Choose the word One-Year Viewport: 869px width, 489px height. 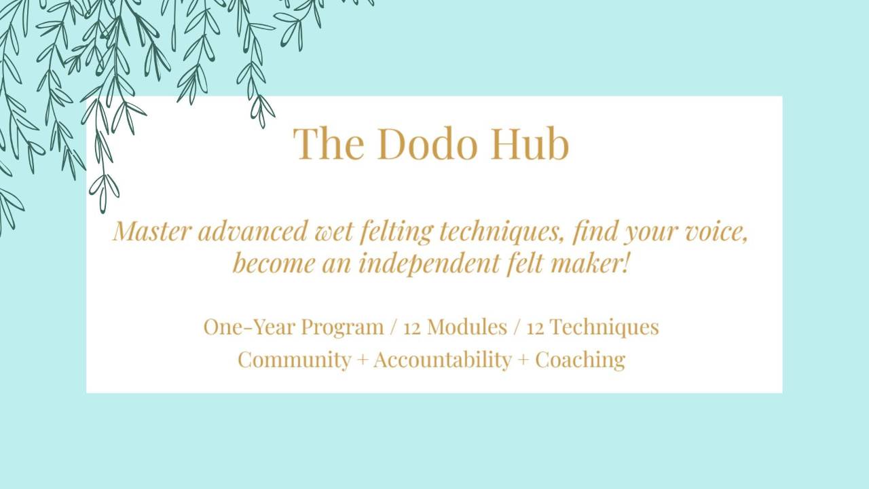point(249,327)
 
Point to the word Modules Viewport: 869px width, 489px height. point(467,327)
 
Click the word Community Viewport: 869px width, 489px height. point(294,359)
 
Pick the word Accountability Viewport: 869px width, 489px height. point(442,359)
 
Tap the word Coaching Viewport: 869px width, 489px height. point(580,359)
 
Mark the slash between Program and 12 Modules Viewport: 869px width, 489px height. point(394,327)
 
